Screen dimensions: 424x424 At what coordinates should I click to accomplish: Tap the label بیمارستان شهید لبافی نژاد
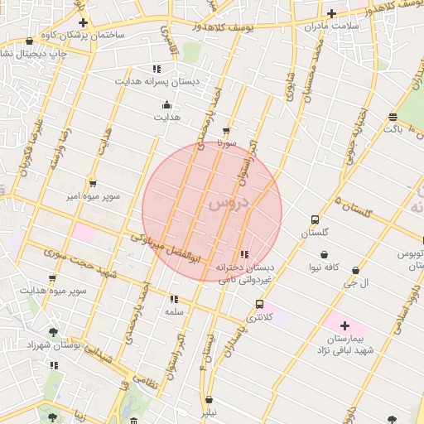(x=345, y=345)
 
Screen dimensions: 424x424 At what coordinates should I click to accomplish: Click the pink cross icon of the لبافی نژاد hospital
(x=345, y=326)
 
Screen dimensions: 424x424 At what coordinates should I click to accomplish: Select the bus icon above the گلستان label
(x=315, y=219)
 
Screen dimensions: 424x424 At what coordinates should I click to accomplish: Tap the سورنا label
(x=227, y=142)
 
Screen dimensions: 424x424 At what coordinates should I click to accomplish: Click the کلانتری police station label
(x=260, y=317)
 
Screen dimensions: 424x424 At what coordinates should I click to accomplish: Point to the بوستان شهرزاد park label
(x=52, y=345)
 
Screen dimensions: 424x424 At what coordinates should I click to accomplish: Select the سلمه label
(x=174, y=311)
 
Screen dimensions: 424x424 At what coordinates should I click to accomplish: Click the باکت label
(x=393, y=129)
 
